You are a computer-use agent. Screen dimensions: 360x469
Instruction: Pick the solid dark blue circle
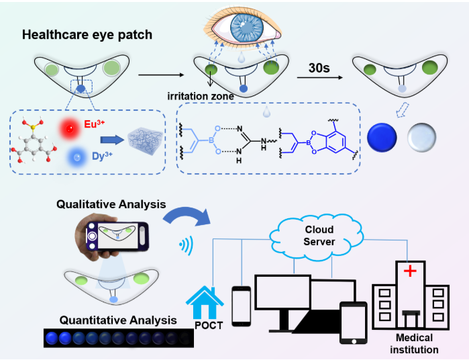[384, 136]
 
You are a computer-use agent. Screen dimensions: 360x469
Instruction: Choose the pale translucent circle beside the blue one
[424, 136]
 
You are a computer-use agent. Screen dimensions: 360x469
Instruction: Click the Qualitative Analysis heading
[111, 204]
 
